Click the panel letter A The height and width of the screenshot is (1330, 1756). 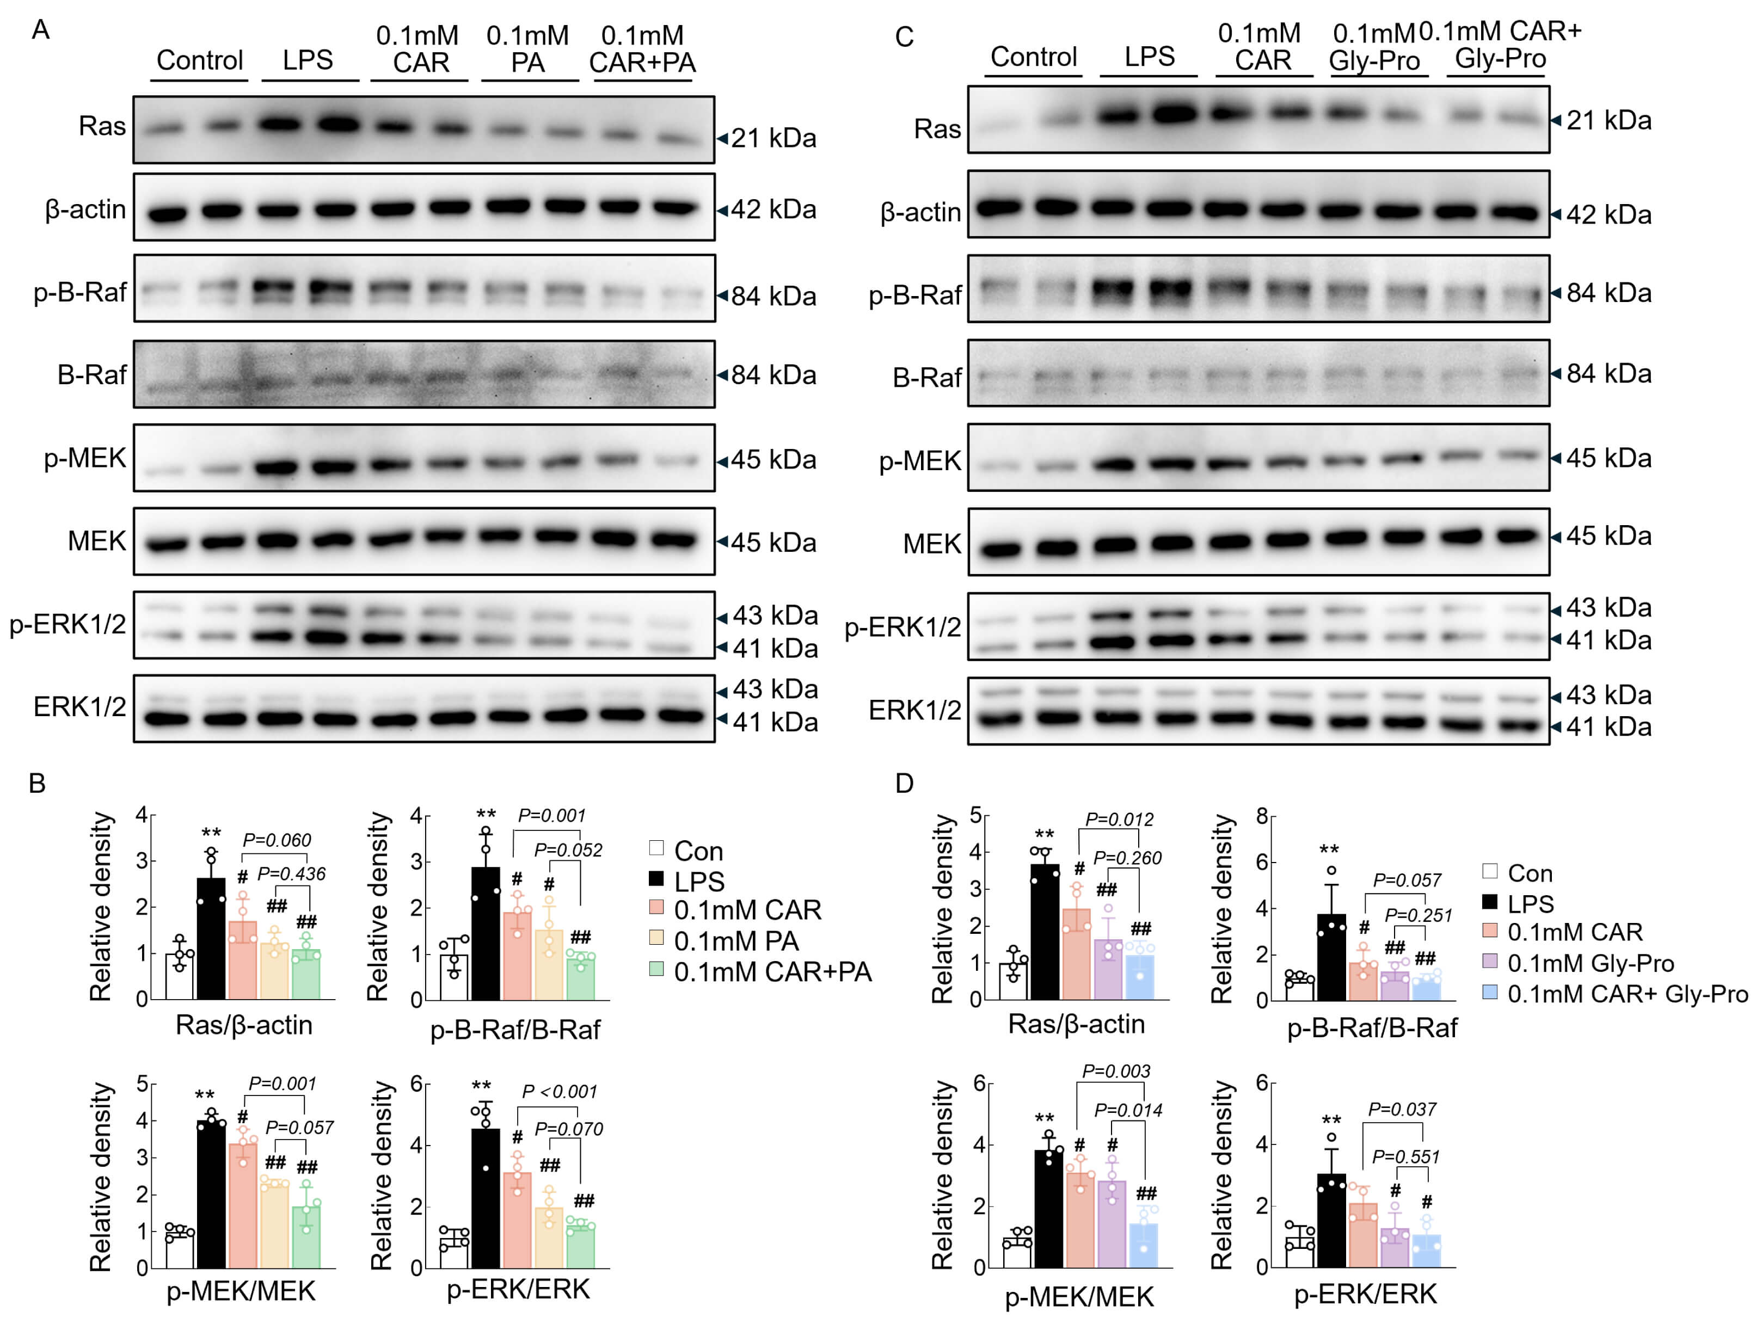tap(40, 30)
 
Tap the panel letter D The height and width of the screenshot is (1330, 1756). tap(904, 783)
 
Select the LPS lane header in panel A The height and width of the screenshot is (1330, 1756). tap(308, 60)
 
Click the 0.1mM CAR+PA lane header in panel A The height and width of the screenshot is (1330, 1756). tap(642, 49)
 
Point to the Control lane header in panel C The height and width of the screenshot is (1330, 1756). tap(1034, 57)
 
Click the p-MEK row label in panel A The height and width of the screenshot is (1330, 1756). tap(85, 458)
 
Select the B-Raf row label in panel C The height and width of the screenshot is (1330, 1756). tap(926, 377)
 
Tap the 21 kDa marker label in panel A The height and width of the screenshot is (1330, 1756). tap(773, 138)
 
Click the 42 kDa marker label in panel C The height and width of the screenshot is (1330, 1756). tap(1608, 214)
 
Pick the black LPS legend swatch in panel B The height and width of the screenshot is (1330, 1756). tap(656, 878)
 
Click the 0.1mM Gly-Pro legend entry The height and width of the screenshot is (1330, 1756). tap(1590, 963)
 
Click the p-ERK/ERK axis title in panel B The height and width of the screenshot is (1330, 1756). tap(518, 1289)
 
